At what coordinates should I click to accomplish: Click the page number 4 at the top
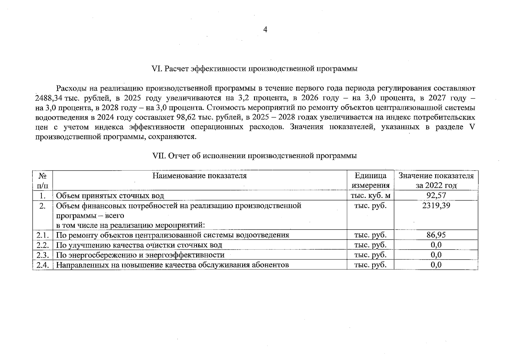[x=265, y=29]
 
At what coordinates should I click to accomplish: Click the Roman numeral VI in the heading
[x=157, y=69]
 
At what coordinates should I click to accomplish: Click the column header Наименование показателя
[x=199, y=176]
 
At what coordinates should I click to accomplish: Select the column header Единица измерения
[x=370, y=180]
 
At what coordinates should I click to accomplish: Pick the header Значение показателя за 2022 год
[x=436, y=180]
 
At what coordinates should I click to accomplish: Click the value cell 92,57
[x=436, y=196]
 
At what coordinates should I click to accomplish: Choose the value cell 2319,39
[x=436, y=205]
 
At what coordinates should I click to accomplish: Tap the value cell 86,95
[x=436, y=235]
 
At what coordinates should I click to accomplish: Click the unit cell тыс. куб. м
[x=370, y=196]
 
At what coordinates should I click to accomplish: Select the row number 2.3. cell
[x=43, y=255]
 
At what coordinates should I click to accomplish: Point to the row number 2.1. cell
[x=43, y=235]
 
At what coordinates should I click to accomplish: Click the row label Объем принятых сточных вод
[x=110, y=196]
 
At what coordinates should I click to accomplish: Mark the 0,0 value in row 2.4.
[x=436, y=265]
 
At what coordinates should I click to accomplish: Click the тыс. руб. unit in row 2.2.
[x=370, y=245]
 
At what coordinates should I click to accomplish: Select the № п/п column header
[x=43, y=180]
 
